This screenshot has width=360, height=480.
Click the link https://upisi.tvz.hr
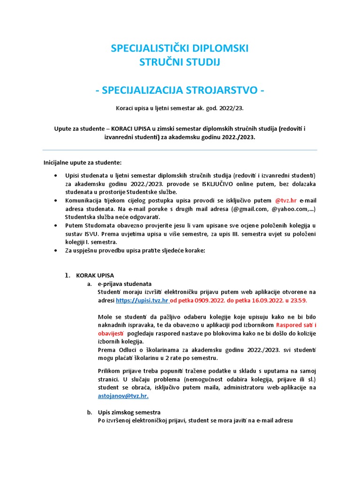142,300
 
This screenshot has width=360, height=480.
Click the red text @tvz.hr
286,200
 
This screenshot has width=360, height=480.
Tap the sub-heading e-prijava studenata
124,284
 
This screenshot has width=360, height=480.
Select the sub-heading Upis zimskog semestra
129,412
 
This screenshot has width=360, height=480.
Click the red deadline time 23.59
298,300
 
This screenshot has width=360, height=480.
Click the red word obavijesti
111,333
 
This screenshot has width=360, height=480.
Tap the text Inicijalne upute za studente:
82,163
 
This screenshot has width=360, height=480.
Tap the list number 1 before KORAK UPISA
67,275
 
